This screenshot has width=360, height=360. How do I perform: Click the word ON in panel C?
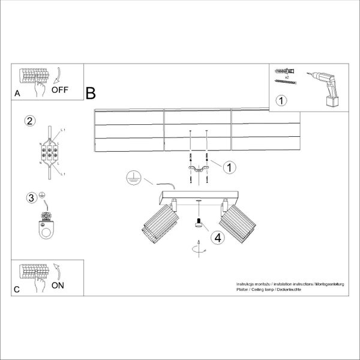tap(58, 285)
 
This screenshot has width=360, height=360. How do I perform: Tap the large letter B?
tap(91, 94)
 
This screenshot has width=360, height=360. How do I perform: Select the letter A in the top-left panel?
tap(17, 94)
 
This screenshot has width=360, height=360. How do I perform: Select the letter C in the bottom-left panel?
tap(17, 289)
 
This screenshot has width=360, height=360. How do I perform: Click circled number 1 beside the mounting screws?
tap(229, 168)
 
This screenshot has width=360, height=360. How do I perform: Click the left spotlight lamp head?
tap(159, 224)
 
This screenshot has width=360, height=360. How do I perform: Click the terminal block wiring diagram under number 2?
tap(50, 152)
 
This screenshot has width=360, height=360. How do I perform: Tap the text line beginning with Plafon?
tap(269, 289)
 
